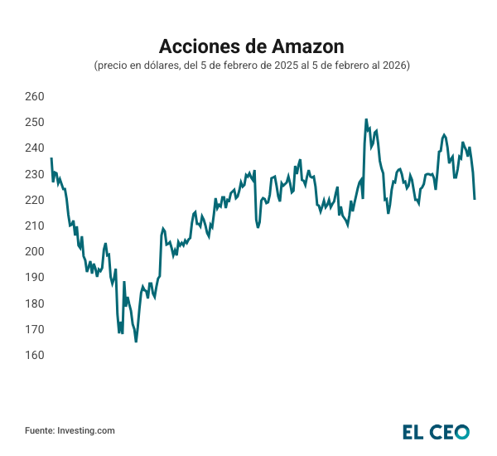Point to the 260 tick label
(x=34, y=96)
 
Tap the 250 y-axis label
(x=34, y=122)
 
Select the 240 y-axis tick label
(x=34, y=148)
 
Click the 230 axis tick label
(x=34, y=174)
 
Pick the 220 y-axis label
(x=34, y=200)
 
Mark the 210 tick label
(x=34, y=226)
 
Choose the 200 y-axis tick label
(x=34, y=251)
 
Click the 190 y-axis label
(x=34, y=277)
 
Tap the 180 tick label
(x=34, y=303)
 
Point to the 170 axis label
(x=34, y=329)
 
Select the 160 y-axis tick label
(x=34, y=355)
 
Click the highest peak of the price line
(x=366, y=119)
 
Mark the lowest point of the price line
(x=136, y=341)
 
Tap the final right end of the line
(x=475, y=199)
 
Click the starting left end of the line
(x=51, y=158)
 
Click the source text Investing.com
(x=86, y=430)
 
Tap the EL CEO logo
(x=436, y=431)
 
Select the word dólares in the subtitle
(x=160, y=65)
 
